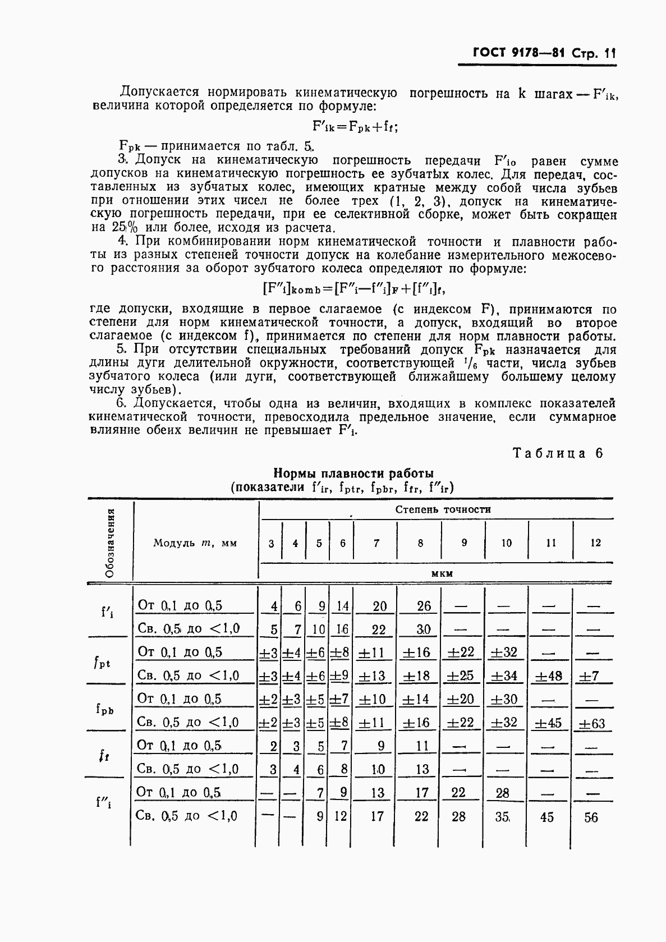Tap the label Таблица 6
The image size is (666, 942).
coord(558,453)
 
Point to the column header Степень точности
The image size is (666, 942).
coord(443,509)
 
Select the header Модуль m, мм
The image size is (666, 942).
coord(195,543)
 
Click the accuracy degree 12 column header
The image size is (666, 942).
coord(595,543)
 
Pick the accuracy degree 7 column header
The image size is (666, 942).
coord(376,543)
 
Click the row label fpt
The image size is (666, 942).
coord(102,663)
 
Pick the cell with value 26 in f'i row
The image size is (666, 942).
coord(424,606)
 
